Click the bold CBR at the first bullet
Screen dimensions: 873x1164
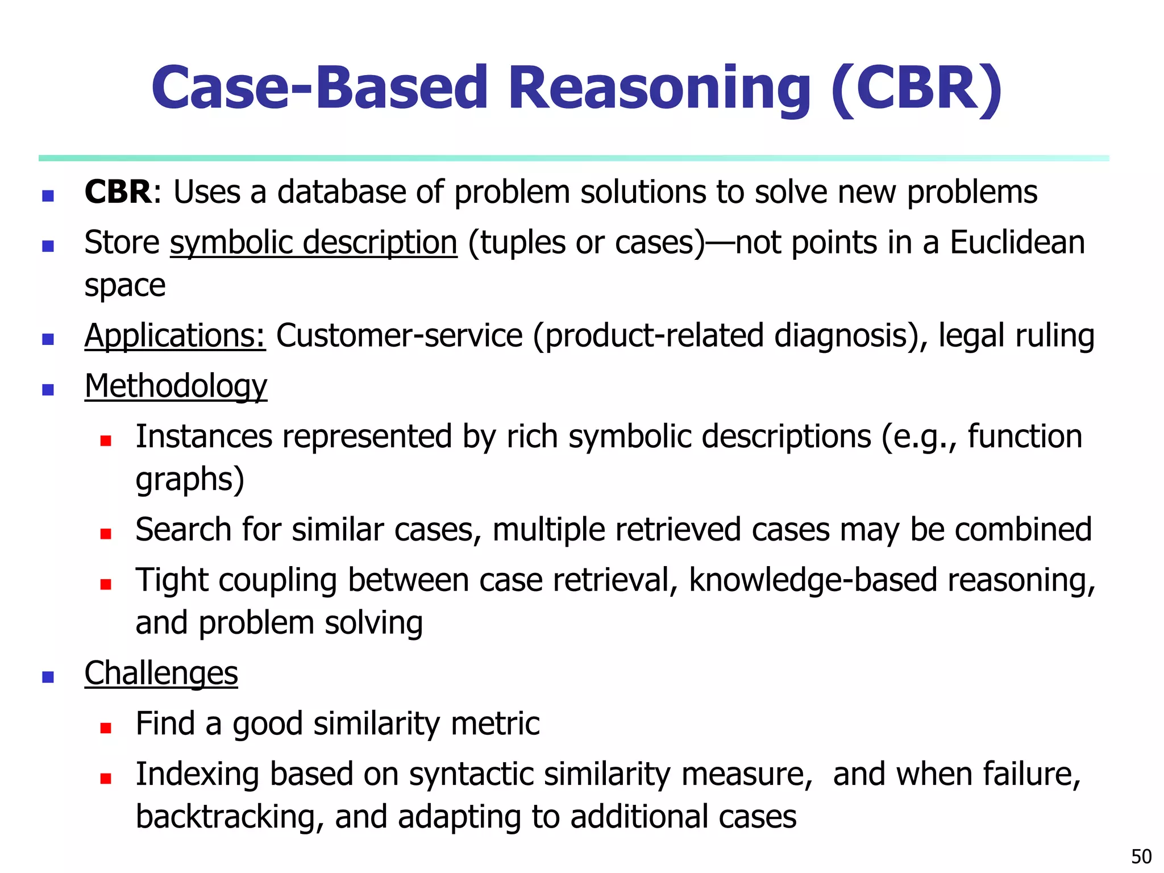[x=118, y=192]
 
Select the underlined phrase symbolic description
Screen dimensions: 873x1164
[x=313, y=243]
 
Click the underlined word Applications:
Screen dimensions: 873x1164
[x=175, y=335]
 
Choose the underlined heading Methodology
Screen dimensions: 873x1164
[x=176, y=386]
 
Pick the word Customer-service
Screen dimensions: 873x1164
[x=399, y=335]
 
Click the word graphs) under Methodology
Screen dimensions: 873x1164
[x=190, y=480]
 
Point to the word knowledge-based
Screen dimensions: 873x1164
[x=813, y=580]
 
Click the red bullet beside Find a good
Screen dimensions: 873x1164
[x=105, y=728]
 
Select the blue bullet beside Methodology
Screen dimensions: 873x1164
[x=48, y=390]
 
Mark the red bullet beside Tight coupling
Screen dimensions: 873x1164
[x=105, y=584]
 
